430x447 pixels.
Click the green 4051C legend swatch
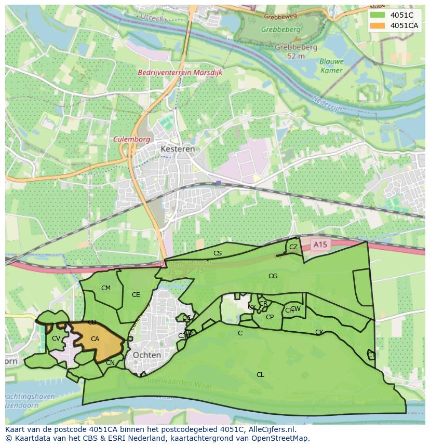[x=378, y=15]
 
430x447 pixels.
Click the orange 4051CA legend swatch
[x=378, y=25]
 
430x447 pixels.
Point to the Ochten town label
[x=147, y=355]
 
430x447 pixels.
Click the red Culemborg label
[x=132, y=140]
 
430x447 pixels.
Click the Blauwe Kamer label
[x=331, y=65]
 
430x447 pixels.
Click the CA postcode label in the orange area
[x=95, y=339]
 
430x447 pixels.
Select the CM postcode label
[x=106, y=288]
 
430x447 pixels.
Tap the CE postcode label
[x=136, y=295]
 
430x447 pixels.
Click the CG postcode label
[x=273, y=276]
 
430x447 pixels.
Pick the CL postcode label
[x=260, y=374]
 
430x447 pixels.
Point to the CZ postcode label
[x=293, y=247]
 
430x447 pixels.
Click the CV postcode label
[x=56, y=339]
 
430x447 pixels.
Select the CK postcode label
[x=319, y=332]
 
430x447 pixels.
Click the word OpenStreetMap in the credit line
[x=283, y=438]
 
